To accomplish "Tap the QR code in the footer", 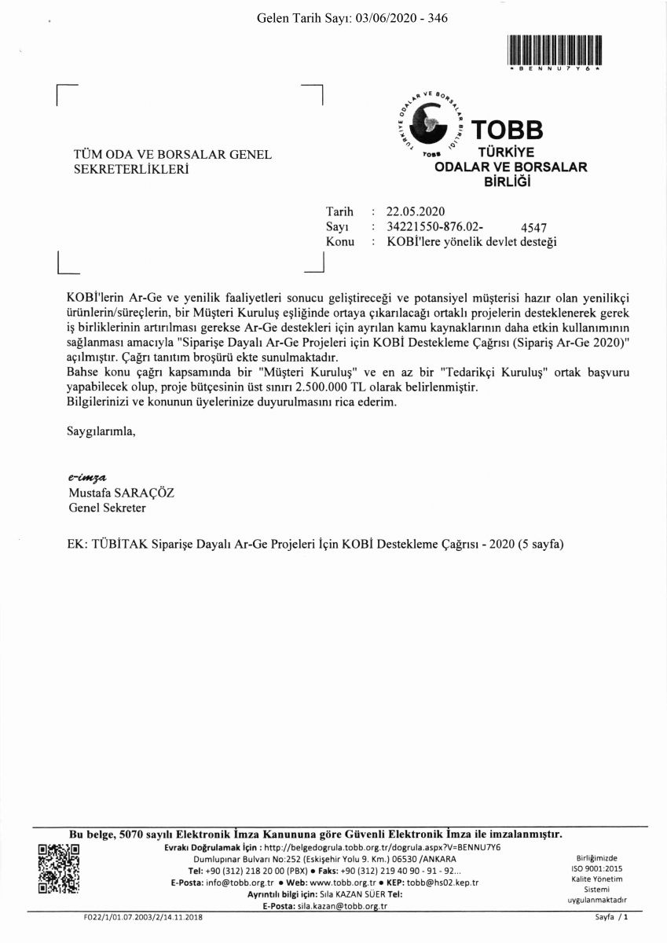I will (x=58, y=868).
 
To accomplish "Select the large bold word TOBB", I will (x=506, y=130).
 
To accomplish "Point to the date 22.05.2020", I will (x=416, y=211).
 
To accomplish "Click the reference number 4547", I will (x=534, y=228).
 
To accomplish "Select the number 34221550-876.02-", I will (x=429, y=227).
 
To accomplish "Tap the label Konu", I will (x=339, y=242).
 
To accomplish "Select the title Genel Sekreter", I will (x=107, y=508).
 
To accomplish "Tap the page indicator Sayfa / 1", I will (x=612, y=917).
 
